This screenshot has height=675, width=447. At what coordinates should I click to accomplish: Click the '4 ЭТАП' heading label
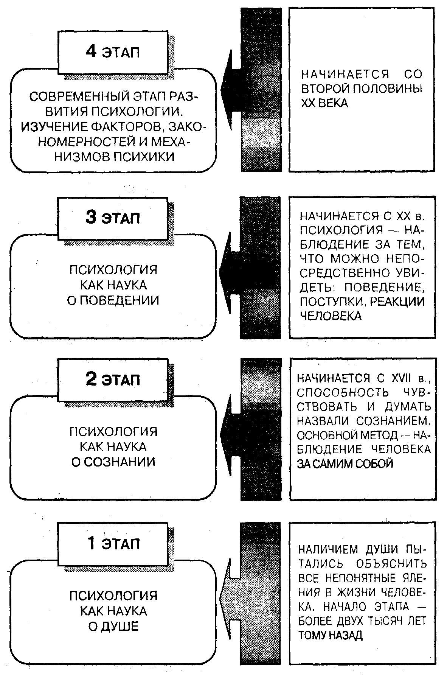pos(113,52)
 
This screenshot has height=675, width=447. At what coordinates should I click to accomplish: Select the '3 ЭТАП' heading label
pos(113,218)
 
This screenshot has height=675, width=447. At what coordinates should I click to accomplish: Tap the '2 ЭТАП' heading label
pos(113,379)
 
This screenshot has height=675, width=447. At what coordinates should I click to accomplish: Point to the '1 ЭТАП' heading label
pos(113,543)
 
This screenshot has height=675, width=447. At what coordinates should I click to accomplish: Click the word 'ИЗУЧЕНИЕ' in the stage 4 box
pos(49,127)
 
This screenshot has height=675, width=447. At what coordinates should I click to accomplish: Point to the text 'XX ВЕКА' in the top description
pos(324,103)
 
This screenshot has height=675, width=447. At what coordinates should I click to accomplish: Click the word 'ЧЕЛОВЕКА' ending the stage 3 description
pos(331,316)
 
